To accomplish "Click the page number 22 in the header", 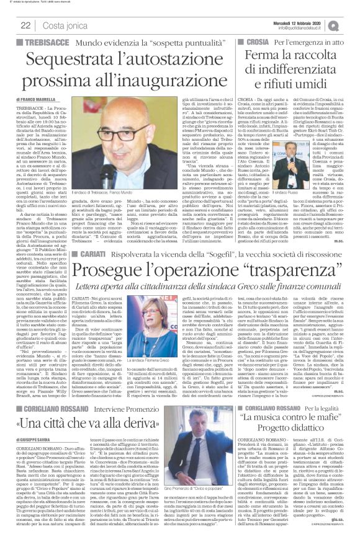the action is point(25,24).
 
